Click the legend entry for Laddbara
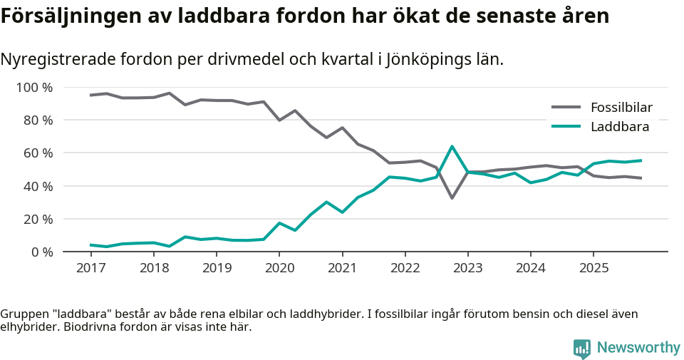point(619,127)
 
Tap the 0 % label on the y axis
point(42,252)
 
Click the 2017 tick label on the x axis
point(90,267)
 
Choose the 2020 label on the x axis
point(279,267)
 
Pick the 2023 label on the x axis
point(467,267)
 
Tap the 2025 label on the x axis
point(594,267)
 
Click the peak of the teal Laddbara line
point(452,146)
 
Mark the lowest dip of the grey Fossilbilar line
point(452,197)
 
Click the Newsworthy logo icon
point(582,348)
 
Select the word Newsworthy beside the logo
point(638,348)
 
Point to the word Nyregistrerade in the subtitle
point(61,60)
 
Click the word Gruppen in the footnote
point(22,314)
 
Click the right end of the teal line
point(641,160)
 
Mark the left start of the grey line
point(90,95)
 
